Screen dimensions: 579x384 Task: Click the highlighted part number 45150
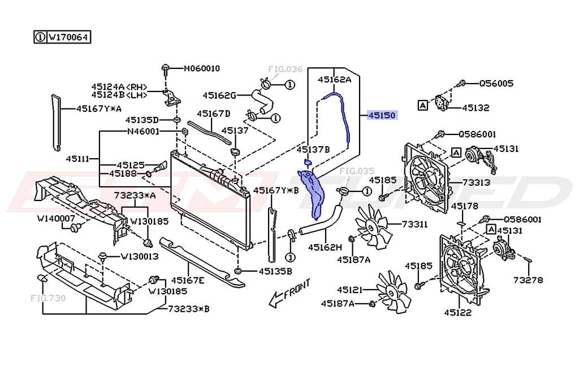pos(382,115)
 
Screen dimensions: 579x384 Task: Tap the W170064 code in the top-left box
pos(68,37)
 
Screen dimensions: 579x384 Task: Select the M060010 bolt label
pos(202,68)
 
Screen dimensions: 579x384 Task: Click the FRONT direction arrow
pos(290,293)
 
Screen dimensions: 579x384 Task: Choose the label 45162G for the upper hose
pos(219,95)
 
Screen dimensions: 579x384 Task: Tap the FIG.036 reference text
pos(285,69)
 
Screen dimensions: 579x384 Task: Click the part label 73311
pos(414,224)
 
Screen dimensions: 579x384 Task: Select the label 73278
pos(528,280)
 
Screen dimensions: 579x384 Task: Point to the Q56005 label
pos(496,84)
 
